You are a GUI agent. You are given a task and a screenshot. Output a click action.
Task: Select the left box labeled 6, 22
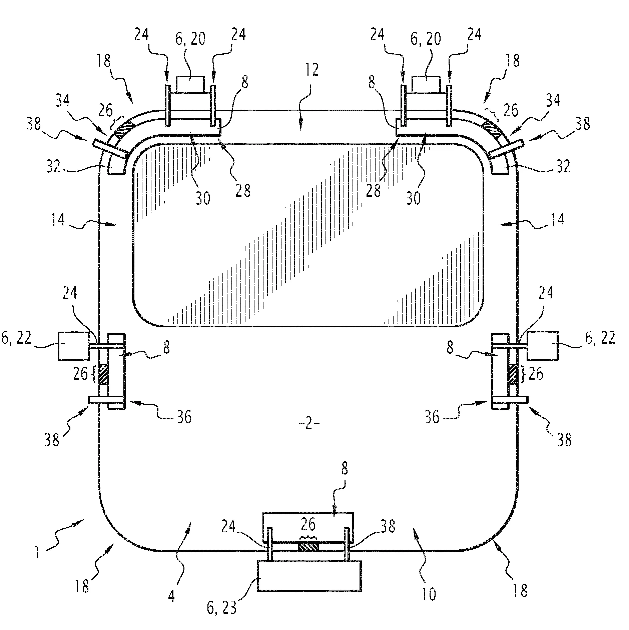coord(73,346)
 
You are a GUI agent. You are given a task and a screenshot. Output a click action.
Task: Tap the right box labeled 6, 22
coord(543,346)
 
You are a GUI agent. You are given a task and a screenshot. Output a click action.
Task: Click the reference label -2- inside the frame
coord(309,425)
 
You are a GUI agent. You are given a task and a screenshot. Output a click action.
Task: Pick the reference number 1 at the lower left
coord(37,551)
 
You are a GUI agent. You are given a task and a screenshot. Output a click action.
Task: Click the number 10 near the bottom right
coord(429,594)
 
